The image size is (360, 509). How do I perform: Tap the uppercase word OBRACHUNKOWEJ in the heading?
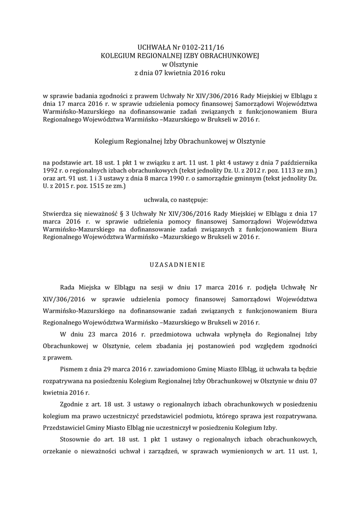tap(232, 55)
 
